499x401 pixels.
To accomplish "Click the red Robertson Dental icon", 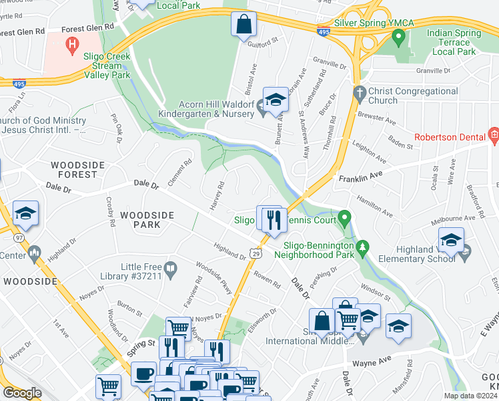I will click(493, 137).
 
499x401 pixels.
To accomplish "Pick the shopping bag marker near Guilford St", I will click(244, 25).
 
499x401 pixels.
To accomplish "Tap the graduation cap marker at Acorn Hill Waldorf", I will click(274, 100).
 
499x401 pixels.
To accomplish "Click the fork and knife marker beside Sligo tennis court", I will click(274, 219).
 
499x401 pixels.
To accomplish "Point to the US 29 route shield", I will click(256, 253).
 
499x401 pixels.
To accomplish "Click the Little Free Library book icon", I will click(171, 271).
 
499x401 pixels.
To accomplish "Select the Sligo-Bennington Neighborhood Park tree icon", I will click(363, 249).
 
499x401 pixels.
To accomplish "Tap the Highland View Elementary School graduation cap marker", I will click(451, 239).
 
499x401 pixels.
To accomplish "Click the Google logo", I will click(22, 393).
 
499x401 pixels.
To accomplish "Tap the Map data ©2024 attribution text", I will click(470, 396).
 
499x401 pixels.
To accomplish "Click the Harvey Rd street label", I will click(217, 195).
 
